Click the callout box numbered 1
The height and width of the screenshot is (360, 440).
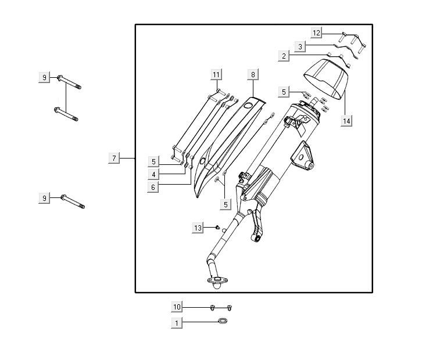click(177, 322)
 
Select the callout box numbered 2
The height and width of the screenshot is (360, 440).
click(284, 56)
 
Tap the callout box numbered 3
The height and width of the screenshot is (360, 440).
click(300, 46)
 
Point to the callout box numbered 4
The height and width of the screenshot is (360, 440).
click(153, 174)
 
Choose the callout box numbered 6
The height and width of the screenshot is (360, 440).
click(153, 187)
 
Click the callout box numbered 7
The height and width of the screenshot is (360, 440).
click(115, 158)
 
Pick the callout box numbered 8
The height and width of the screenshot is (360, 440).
click(253, 74)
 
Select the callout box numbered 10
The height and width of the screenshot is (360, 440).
click(177, 307)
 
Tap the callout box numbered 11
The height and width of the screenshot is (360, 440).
click(216, 74)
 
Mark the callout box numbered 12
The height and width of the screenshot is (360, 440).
click(316, 33)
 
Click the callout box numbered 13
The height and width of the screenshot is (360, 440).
click(198, 228)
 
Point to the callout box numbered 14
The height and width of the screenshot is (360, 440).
click(347, 121)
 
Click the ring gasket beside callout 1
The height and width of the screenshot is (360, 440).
click(223, 322)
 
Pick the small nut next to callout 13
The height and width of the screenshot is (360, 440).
click(214, 228)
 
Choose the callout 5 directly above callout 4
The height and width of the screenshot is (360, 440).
click(153, 161)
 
